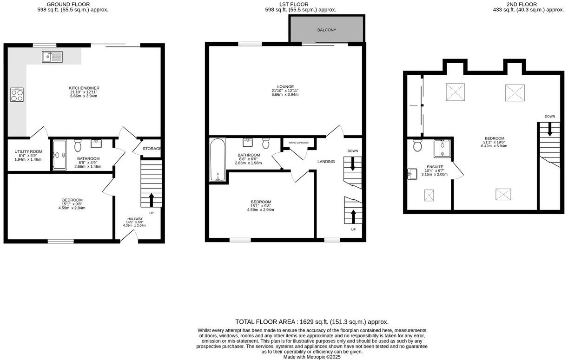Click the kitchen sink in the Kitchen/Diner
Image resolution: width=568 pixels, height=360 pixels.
(52, 57)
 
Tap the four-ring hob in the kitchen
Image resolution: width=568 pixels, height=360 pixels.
(17, 95)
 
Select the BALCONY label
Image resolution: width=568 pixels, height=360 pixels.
(326, 30)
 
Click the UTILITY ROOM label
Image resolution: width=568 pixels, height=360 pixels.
(28, 152)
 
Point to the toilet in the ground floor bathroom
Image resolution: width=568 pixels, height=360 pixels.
(78, 146)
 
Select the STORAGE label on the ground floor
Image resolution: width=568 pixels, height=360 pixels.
(152, 149)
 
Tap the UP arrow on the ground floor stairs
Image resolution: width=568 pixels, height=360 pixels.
(152, 199)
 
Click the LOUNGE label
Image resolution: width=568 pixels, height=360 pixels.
(285, 86)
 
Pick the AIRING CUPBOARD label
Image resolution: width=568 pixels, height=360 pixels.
(298, 143)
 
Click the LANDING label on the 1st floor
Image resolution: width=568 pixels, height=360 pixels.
(326, 162)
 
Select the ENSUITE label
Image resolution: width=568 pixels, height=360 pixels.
(435, 167)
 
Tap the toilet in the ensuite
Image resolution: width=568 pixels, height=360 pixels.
(417, 146)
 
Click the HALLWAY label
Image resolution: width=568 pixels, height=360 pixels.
(135, 219)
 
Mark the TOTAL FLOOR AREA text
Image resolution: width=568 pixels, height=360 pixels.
(311, 321)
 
